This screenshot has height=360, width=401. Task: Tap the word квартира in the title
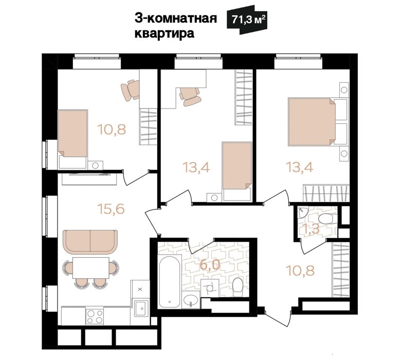(x=165, y=33)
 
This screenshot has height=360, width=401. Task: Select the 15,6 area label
(x=111, y=209)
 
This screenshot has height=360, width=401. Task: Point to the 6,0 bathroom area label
(x=210, y=264)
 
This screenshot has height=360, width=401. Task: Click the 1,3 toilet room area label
(x=311, y=228)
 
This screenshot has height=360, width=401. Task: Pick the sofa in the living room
(x=90, y=242)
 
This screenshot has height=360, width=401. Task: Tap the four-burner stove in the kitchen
(x=95, y=316)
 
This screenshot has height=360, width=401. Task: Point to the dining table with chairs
(x=90, y=272)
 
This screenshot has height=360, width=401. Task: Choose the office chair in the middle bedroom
(x=190, y=96)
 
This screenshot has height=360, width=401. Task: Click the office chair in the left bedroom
(x=131, y=90)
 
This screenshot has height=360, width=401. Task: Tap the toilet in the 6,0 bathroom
(x=238, y=287)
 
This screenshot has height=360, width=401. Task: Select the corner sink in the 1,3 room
(x=302, y=212)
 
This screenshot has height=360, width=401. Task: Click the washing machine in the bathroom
(x=210, y=288)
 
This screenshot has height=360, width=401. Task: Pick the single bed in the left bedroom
(x=73, y=139)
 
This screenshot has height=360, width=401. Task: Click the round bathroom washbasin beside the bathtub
(x=191, y=301)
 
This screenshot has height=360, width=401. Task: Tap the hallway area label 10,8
(x=300, y=271)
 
